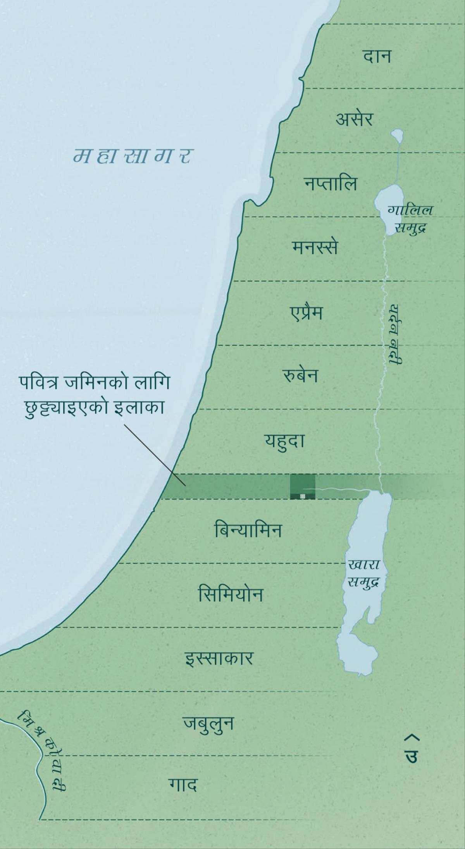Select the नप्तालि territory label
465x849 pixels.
tap(330, 183)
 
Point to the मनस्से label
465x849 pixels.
tap(315, 247)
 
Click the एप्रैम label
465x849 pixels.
tap(306, 312)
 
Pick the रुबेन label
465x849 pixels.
tap(300, 376)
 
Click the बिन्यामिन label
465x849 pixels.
tap(248, 530)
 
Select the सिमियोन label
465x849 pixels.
tap(231, 594)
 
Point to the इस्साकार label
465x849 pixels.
tap(219, 658)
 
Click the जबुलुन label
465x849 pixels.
tap(208, 723)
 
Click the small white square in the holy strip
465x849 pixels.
tap(303, 496)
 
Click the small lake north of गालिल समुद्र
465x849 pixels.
tap(397, 135)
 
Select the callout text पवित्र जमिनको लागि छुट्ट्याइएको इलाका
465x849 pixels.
tap(94, 395)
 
